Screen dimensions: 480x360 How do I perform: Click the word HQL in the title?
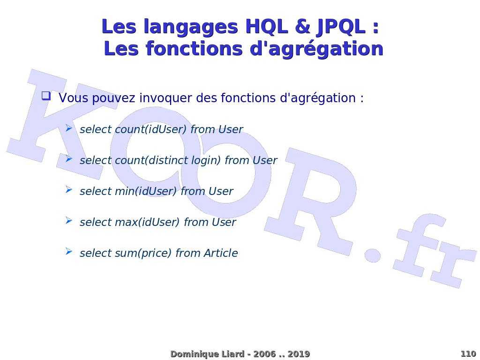[267, 27]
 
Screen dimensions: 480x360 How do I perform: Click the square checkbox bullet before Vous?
[46, 96]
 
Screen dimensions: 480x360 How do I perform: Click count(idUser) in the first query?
[150, 129]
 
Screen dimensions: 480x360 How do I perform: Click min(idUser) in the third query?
[146, 191]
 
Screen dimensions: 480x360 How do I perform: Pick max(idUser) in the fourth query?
[147, 222]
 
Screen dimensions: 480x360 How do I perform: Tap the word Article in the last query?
[221, 253]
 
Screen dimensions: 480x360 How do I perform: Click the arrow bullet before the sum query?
[69, 252]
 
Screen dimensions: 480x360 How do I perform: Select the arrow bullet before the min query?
[69, 190]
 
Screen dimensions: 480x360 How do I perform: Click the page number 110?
[468, 354]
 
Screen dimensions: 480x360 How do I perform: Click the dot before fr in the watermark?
[373, 255]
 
